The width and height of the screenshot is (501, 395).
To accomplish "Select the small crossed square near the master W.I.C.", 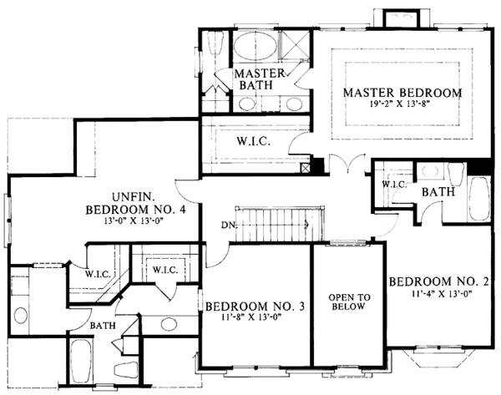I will [x=316, y=166].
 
